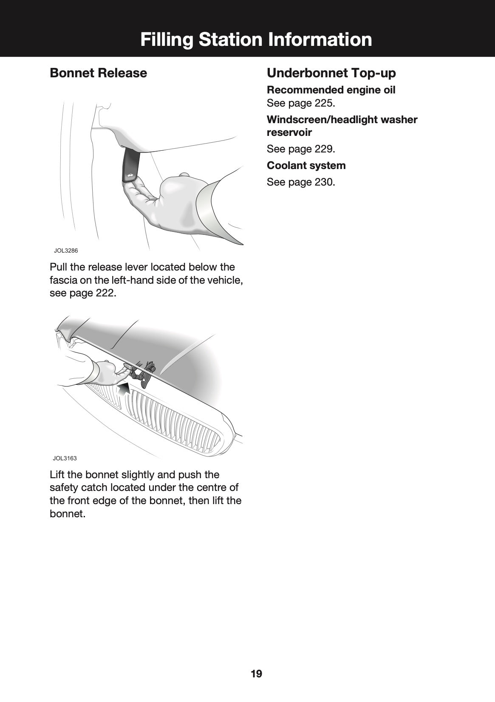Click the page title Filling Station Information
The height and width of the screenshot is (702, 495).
tap(256, 39)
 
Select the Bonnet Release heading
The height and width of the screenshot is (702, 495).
tap(98, 73)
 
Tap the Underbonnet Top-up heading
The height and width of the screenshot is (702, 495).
tap(331, 73)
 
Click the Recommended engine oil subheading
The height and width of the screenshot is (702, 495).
tap(331, 90)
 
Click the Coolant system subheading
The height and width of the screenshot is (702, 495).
tap(306, 166)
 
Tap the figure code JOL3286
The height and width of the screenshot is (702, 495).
tap(65, 251)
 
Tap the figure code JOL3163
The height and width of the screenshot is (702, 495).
tap(65, 458)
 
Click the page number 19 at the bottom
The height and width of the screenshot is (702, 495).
tap(256, 674)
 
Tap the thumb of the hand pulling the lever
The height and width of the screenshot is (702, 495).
tap(184, 175)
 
